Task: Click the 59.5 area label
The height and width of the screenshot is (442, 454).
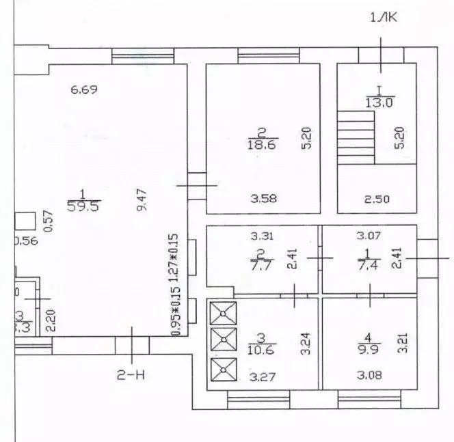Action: coord(81,206)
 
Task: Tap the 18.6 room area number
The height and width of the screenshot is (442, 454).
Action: coord(263,143)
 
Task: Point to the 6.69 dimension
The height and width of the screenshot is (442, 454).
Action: coord(85,89)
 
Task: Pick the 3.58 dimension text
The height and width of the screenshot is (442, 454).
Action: coord(263,199)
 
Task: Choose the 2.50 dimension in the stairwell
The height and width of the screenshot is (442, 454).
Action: coord(376,199)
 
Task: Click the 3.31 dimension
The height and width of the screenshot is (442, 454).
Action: coord(263,237)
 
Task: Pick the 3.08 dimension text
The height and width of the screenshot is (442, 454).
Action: coord(369,375)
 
